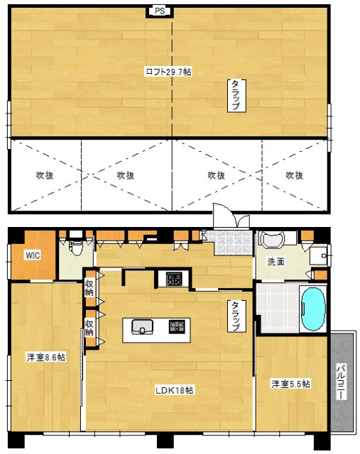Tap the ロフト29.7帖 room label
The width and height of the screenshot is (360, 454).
tap(168, 72)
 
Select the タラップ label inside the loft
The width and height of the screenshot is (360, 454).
tap(234, 95)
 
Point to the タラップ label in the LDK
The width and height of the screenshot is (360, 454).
tap(233, 316)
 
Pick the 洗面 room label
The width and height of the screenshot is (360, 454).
tap(276, 262)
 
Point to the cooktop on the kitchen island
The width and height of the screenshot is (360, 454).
tap(176, 327)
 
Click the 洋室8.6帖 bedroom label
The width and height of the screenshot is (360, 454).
tap(46, 358)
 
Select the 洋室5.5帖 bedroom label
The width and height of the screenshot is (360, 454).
tap(291, 384)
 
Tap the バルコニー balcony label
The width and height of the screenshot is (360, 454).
tap(342, 382)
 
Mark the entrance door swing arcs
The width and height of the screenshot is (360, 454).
tap(224, 215)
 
